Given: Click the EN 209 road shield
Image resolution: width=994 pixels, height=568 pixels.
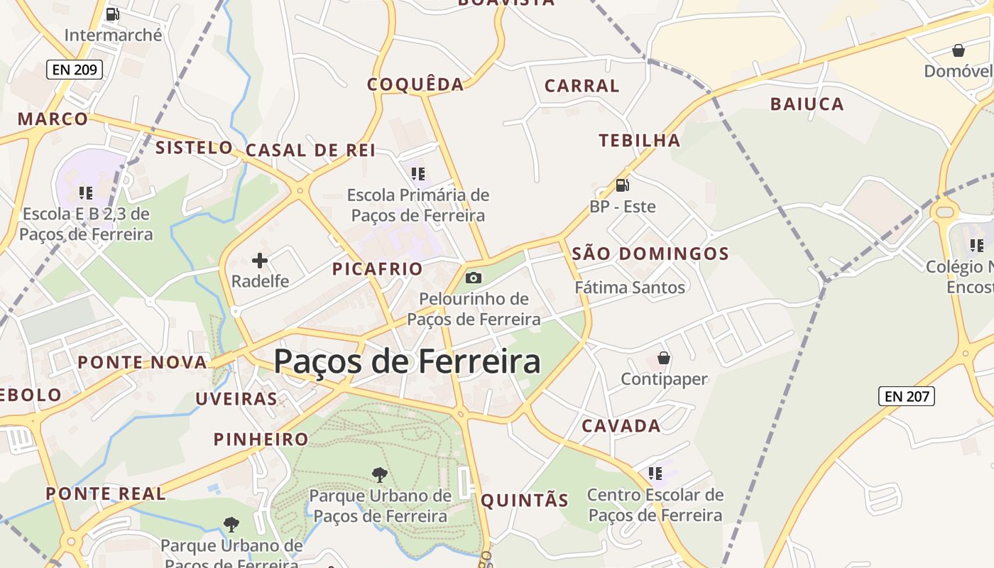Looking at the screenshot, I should pyautogui.click(x=75, y=70).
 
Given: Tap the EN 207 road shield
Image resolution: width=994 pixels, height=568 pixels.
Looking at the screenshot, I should pyautogui.click(x=907, y=396).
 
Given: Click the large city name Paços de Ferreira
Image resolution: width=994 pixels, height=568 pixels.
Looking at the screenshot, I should pyautogui.click(x=407, y=361).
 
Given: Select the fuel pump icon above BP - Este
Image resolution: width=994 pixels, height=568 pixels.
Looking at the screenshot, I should pyautogui.click(x=622, y=185).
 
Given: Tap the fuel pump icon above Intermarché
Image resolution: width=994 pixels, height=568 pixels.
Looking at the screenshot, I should pyautogui.click(x=112, y=14).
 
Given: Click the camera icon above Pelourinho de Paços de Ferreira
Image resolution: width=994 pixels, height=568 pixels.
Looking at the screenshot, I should pyautogui.click(x=474, y=278).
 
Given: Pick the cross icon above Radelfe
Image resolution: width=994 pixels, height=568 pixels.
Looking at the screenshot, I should pyautogui.click(x=260, y=261).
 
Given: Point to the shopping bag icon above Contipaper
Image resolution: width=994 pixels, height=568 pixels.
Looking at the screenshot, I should pyautogui.click(x=664, y=358).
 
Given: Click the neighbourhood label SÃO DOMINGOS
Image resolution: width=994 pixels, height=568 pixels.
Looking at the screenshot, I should pyautogui.click(x=650, y=253).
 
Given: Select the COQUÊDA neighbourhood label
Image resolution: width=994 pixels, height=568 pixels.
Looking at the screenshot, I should pyautogui.click(x=415, y=84).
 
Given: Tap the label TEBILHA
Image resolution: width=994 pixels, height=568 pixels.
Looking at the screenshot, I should pyautogui.click(x=639, y=141).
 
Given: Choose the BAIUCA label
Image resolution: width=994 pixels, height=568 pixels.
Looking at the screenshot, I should pyautogui.click(x=807, y=104).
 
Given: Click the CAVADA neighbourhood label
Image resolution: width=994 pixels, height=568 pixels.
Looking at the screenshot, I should pyautogui.click(x=621, y=426).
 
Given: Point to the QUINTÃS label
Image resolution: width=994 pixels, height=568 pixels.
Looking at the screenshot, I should pyautogui.click(x=525, y=501).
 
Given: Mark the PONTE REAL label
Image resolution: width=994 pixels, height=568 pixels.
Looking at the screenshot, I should pyautogui.click(x=106, y=493).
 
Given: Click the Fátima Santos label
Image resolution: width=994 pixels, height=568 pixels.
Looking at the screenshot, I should pyautogui.click(x=630, y=288).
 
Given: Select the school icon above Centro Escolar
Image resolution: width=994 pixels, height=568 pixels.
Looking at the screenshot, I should pyautogui.click(x=655, y=473).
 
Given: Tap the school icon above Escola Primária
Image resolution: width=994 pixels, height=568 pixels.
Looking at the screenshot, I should pyautogui.click(x=418, y=173).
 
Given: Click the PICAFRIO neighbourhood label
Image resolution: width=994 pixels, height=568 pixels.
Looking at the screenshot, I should pyautogui.click(x=378, y=269).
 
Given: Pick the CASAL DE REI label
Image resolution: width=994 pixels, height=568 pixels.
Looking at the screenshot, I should pyautogui.click(x=310, y=151).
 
